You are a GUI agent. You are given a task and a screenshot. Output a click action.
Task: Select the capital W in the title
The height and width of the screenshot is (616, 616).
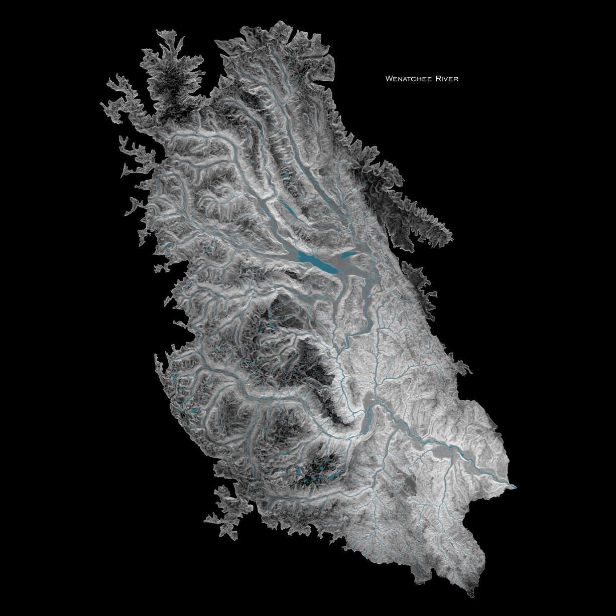[388, 79]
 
